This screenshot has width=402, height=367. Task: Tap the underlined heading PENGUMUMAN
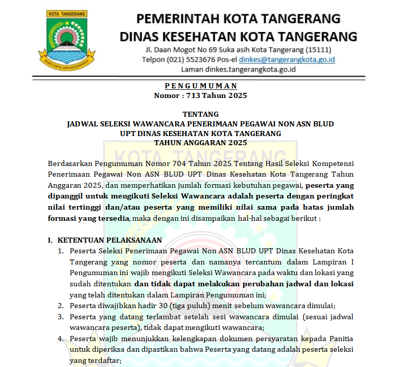pyautogui.click(x=201, y=86)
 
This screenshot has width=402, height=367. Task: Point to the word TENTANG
pyautogui.click(x=201, y=114)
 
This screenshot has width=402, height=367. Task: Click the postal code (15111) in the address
pyautogui.click(x=317, y=49)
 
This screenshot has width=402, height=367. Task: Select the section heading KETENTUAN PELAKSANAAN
pyautogui.click(x=110, y=240)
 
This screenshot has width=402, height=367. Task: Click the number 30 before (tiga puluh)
pyautogui.click(x=160, y=306)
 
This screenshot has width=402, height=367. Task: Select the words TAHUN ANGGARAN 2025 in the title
pyautogui.click(x=201, y=143)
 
